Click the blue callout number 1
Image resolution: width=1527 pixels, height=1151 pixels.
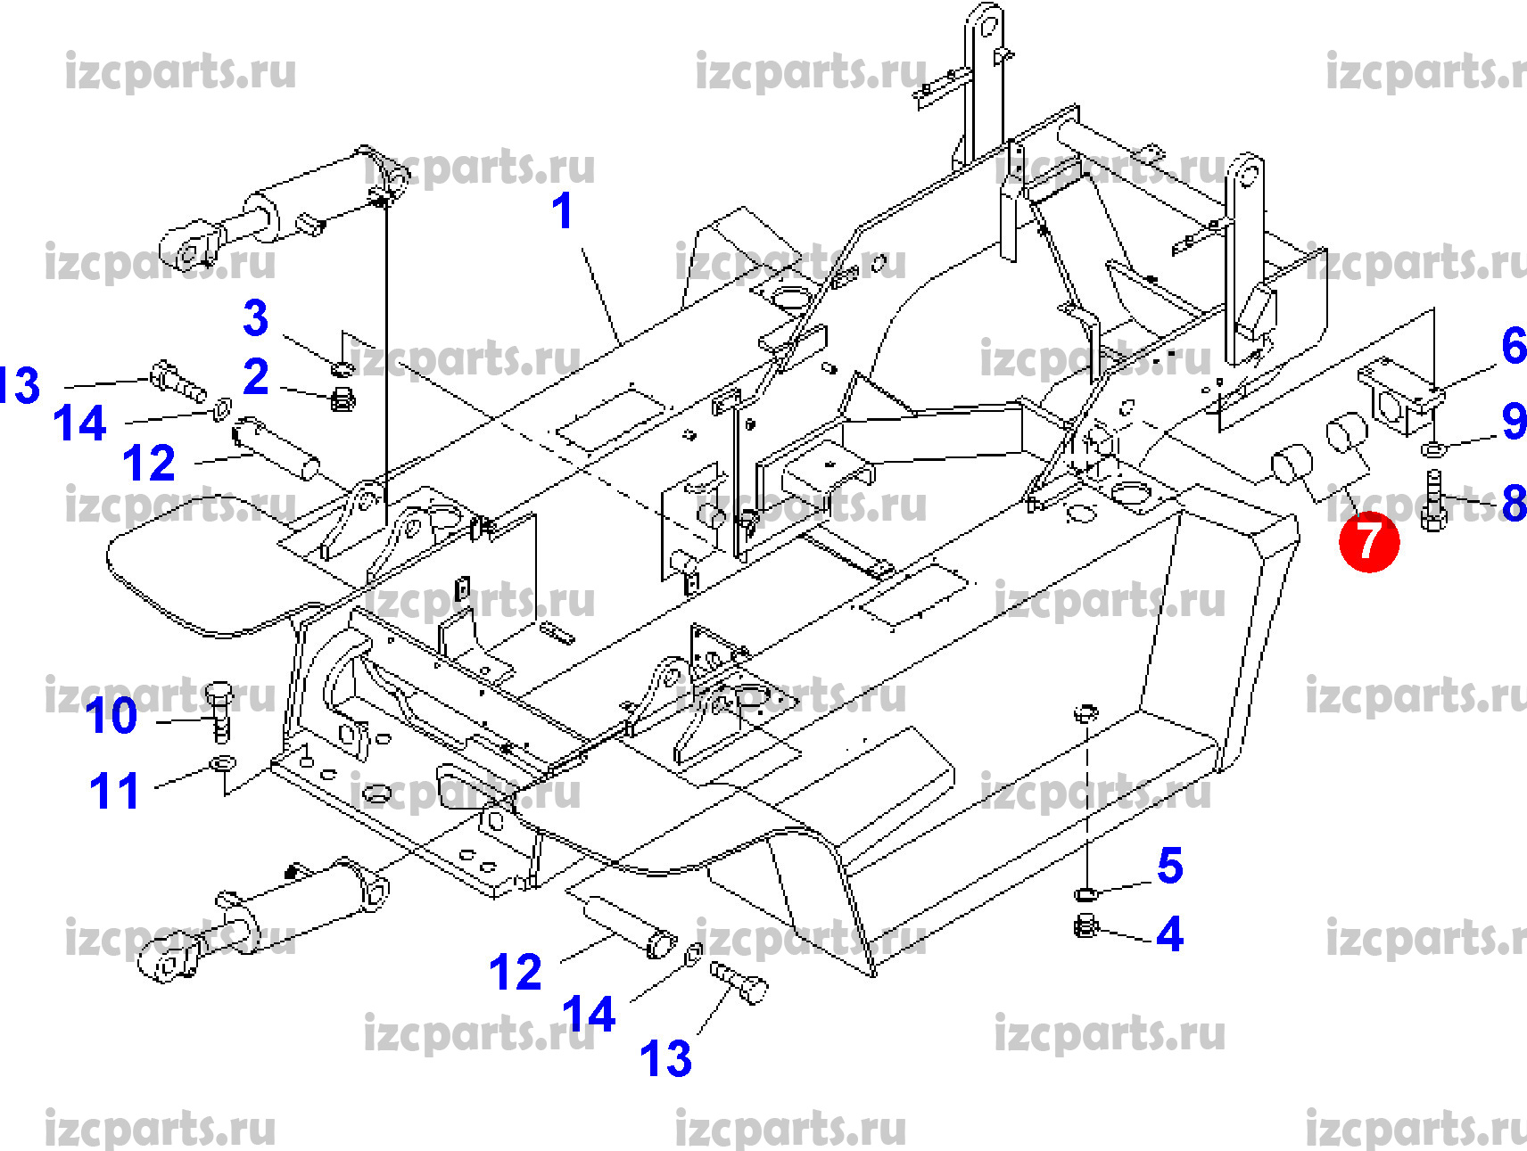[561, 211]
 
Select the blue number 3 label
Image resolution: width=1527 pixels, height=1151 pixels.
[255, 317]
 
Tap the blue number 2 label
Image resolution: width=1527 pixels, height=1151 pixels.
[255, 377]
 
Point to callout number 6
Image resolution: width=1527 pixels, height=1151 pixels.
[1513, 346]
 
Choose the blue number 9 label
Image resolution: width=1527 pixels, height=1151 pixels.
[1513, 421]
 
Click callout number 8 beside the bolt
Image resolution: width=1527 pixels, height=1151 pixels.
[1513, 503]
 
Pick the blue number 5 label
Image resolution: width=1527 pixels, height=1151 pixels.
[1169, 866]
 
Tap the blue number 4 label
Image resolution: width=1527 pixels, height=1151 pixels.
[1169, 934]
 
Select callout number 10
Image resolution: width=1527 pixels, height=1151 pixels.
[112, 716]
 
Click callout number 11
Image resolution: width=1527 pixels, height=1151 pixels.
[114, 791]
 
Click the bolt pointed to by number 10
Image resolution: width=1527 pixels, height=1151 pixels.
[220, 711]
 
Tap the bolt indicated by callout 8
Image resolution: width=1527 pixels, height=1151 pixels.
[1433, 500]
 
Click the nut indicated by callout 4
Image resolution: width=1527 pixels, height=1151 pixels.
[1085, 927]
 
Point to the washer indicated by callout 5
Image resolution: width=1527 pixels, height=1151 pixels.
[1085, 893]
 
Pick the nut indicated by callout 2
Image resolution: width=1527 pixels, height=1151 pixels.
[343, 399]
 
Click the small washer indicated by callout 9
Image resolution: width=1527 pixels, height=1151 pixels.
[1431, 446]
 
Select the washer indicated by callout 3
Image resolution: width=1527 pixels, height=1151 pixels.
[342, 368]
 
